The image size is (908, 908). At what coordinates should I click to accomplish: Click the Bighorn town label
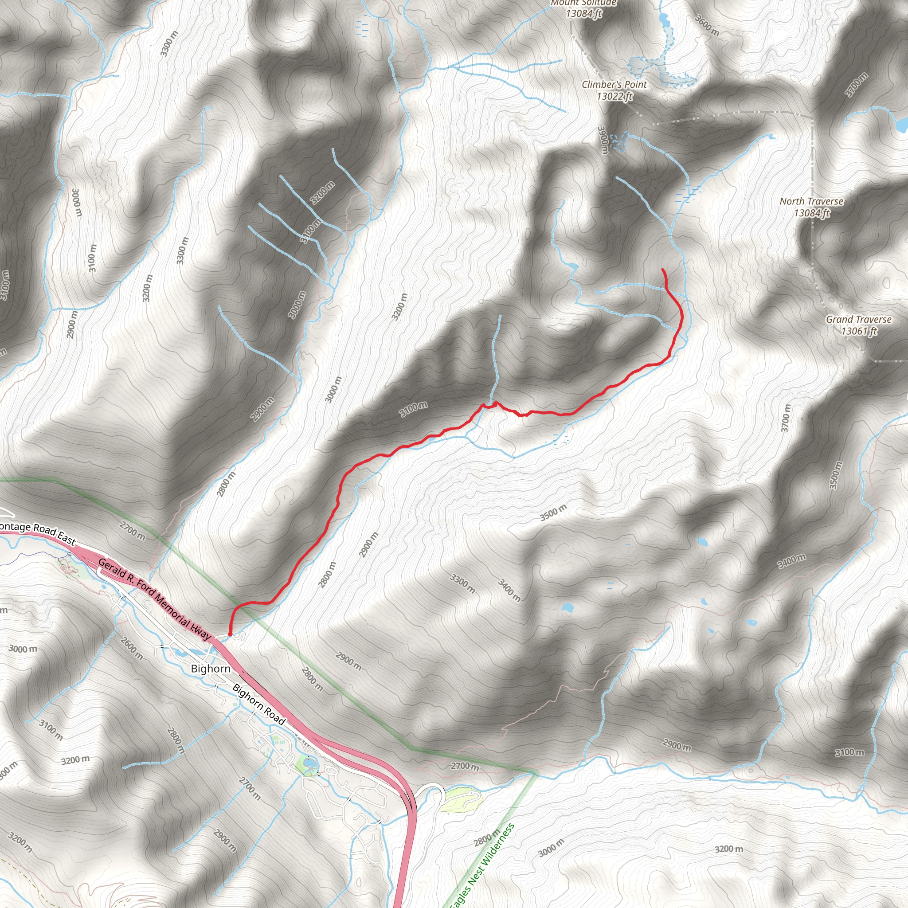point(211,668)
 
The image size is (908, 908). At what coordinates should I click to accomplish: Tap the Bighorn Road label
point(259,704)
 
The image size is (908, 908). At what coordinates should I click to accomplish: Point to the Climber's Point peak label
point(614,85)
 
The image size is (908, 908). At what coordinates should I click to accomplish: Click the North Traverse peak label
point(811,201)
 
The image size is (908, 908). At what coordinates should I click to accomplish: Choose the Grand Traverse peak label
point(859,319)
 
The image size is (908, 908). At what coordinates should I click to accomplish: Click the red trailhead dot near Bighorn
point(230,634)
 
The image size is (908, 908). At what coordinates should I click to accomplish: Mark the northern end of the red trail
point(663,269)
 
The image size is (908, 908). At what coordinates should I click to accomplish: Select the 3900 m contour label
point(603,140)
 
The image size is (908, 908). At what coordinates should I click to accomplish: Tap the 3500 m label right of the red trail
point(553,513)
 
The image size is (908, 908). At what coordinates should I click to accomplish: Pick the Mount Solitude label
point(584,3)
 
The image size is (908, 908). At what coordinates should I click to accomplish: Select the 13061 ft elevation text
point(859,331)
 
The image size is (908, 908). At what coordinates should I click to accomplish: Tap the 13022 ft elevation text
point(614,96)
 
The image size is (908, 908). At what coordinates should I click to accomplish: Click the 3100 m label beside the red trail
point(414,409)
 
